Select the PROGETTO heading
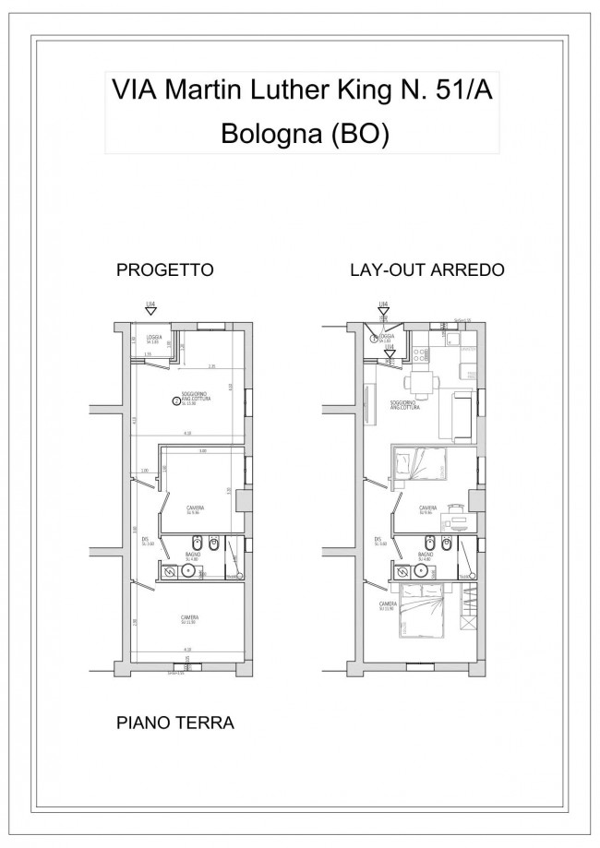click(x=165, y=271)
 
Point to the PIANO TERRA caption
click(x=174, y=723)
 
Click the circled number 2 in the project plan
click(x=176, y=400)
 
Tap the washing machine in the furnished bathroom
click(x=403, y=572)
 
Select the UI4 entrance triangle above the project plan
click(x=150, y=312)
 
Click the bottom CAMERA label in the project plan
click(x=190, y=619)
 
